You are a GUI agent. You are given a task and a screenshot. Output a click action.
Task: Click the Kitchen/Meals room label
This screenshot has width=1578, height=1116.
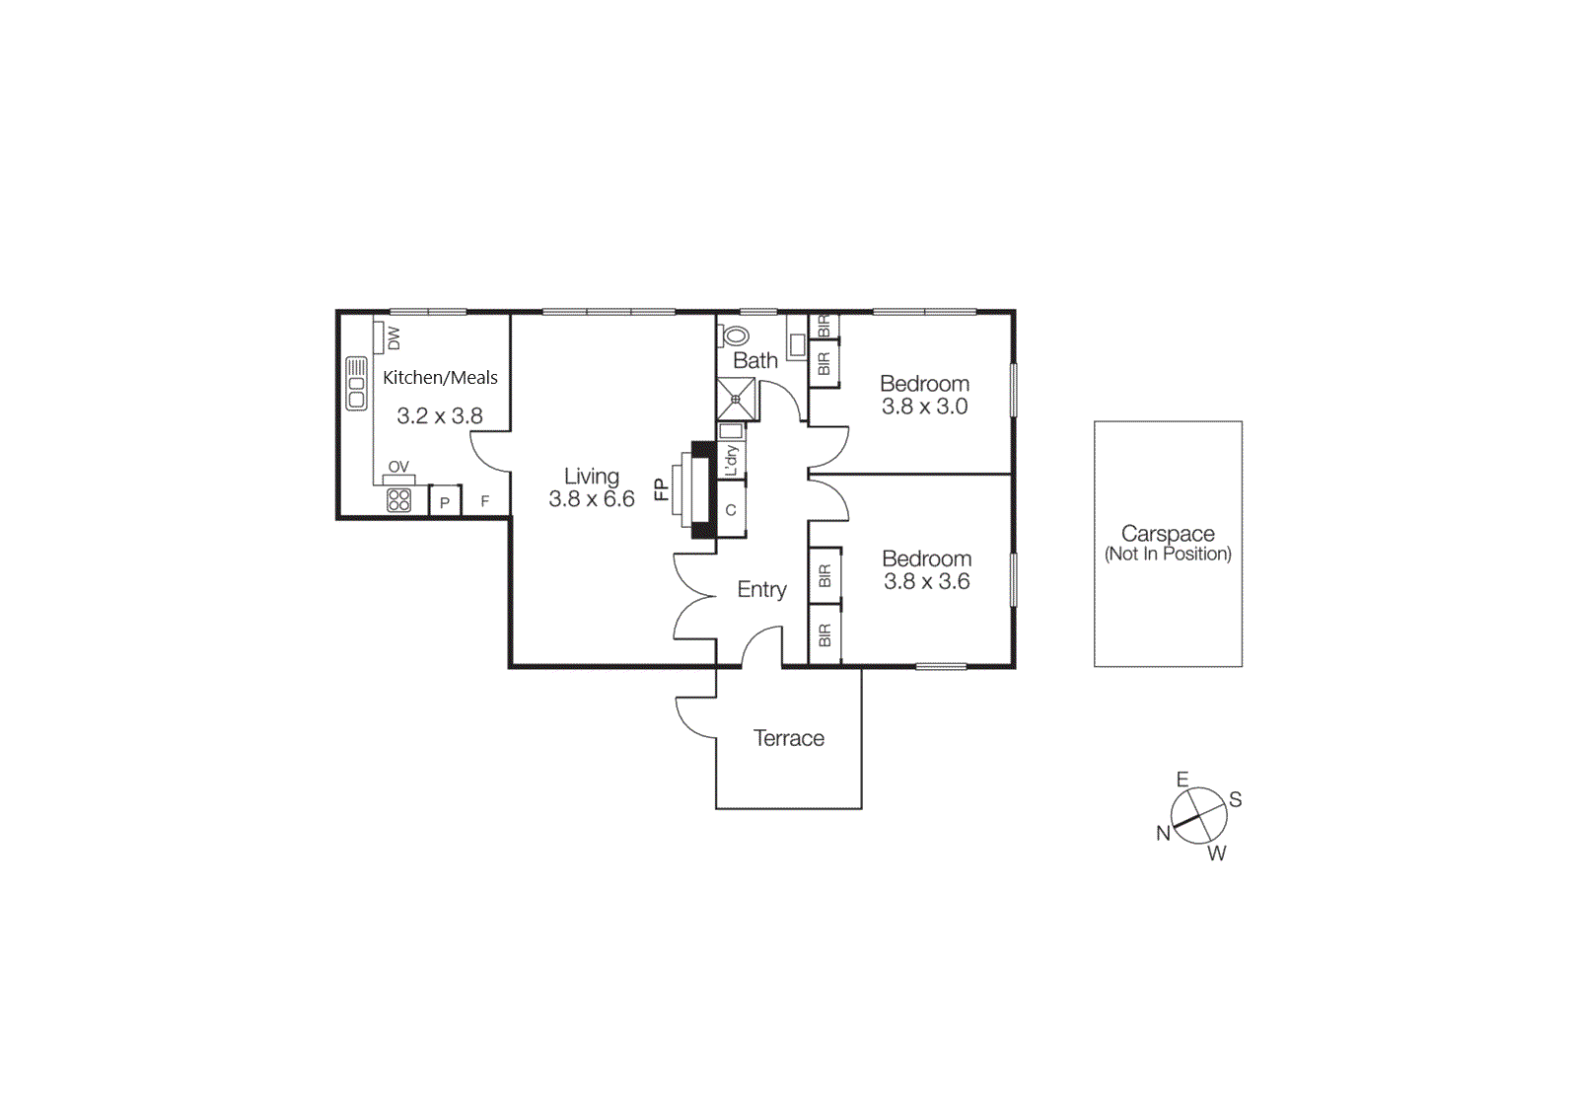point(440,377)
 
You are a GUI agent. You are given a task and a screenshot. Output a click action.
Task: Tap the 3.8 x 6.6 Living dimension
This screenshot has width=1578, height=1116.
point(591,499)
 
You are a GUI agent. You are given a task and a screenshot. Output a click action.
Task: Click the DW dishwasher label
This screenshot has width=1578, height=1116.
point(394,337)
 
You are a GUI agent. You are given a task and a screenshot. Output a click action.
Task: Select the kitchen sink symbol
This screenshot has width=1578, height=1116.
point(356,384)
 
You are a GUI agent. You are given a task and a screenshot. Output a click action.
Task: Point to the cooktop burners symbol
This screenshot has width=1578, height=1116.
point(398,500)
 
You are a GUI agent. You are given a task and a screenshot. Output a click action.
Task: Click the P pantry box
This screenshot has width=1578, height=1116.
point(445,502)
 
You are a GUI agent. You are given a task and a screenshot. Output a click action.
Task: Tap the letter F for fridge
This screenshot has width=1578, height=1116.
point(484,501)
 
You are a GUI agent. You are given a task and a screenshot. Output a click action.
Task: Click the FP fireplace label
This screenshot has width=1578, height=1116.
point(661,489)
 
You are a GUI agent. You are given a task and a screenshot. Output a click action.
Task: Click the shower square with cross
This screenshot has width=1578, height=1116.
point(737,400)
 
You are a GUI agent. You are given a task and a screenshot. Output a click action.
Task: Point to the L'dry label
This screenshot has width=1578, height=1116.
point(731,460)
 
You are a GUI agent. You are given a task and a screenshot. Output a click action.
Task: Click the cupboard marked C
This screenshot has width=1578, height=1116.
point(731,510)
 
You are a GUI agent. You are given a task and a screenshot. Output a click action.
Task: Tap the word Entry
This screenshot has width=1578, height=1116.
point(761,589)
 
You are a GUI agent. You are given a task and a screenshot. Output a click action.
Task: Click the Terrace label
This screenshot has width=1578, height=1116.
point(788,738)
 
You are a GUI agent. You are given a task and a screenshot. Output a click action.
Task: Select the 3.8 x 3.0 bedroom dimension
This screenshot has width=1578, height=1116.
point(924,407)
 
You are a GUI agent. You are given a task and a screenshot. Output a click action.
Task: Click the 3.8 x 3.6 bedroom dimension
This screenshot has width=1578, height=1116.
point(926,581)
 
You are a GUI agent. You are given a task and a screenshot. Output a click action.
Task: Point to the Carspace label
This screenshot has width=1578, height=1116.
point(1168,533)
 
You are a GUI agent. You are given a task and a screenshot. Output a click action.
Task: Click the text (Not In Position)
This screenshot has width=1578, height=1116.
point(1168,555)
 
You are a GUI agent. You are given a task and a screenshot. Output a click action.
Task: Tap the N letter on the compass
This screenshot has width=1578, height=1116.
point(1163,834)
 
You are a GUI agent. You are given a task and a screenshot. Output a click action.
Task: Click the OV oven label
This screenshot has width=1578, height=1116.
point(398,467)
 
